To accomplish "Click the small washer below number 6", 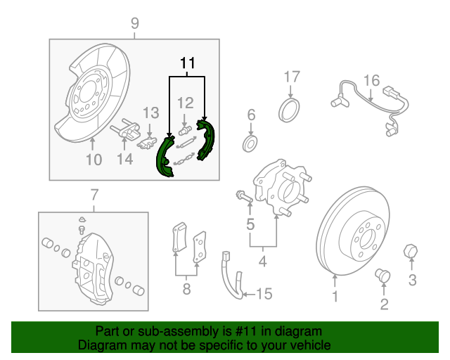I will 250,144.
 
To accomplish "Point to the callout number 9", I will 134,24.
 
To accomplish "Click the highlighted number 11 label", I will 186,63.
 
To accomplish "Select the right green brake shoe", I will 205,140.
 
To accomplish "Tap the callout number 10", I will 94,160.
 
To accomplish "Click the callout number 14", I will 124,160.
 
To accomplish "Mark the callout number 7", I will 94,194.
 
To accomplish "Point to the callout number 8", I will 186,288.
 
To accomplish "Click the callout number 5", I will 250,225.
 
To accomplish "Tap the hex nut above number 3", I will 411,251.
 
